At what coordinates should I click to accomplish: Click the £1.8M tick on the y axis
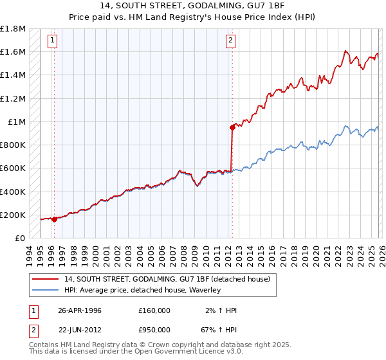pos(13,29)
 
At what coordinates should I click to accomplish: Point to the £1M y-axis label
pos(17,122)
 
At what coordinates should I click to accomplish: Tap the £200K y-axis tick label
pos(13,215)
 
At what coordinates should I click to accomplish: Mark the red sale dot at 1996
pos(54,219)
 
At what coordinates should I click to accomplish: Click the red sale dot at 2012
pos(232,127)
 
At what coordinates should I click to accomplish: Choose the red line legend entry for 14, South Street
pos(170,279)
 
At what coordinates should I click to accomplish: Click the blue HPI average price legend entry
pos(142,290)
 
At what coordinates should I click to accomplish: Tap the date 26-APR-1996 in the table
pos(80,310)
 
